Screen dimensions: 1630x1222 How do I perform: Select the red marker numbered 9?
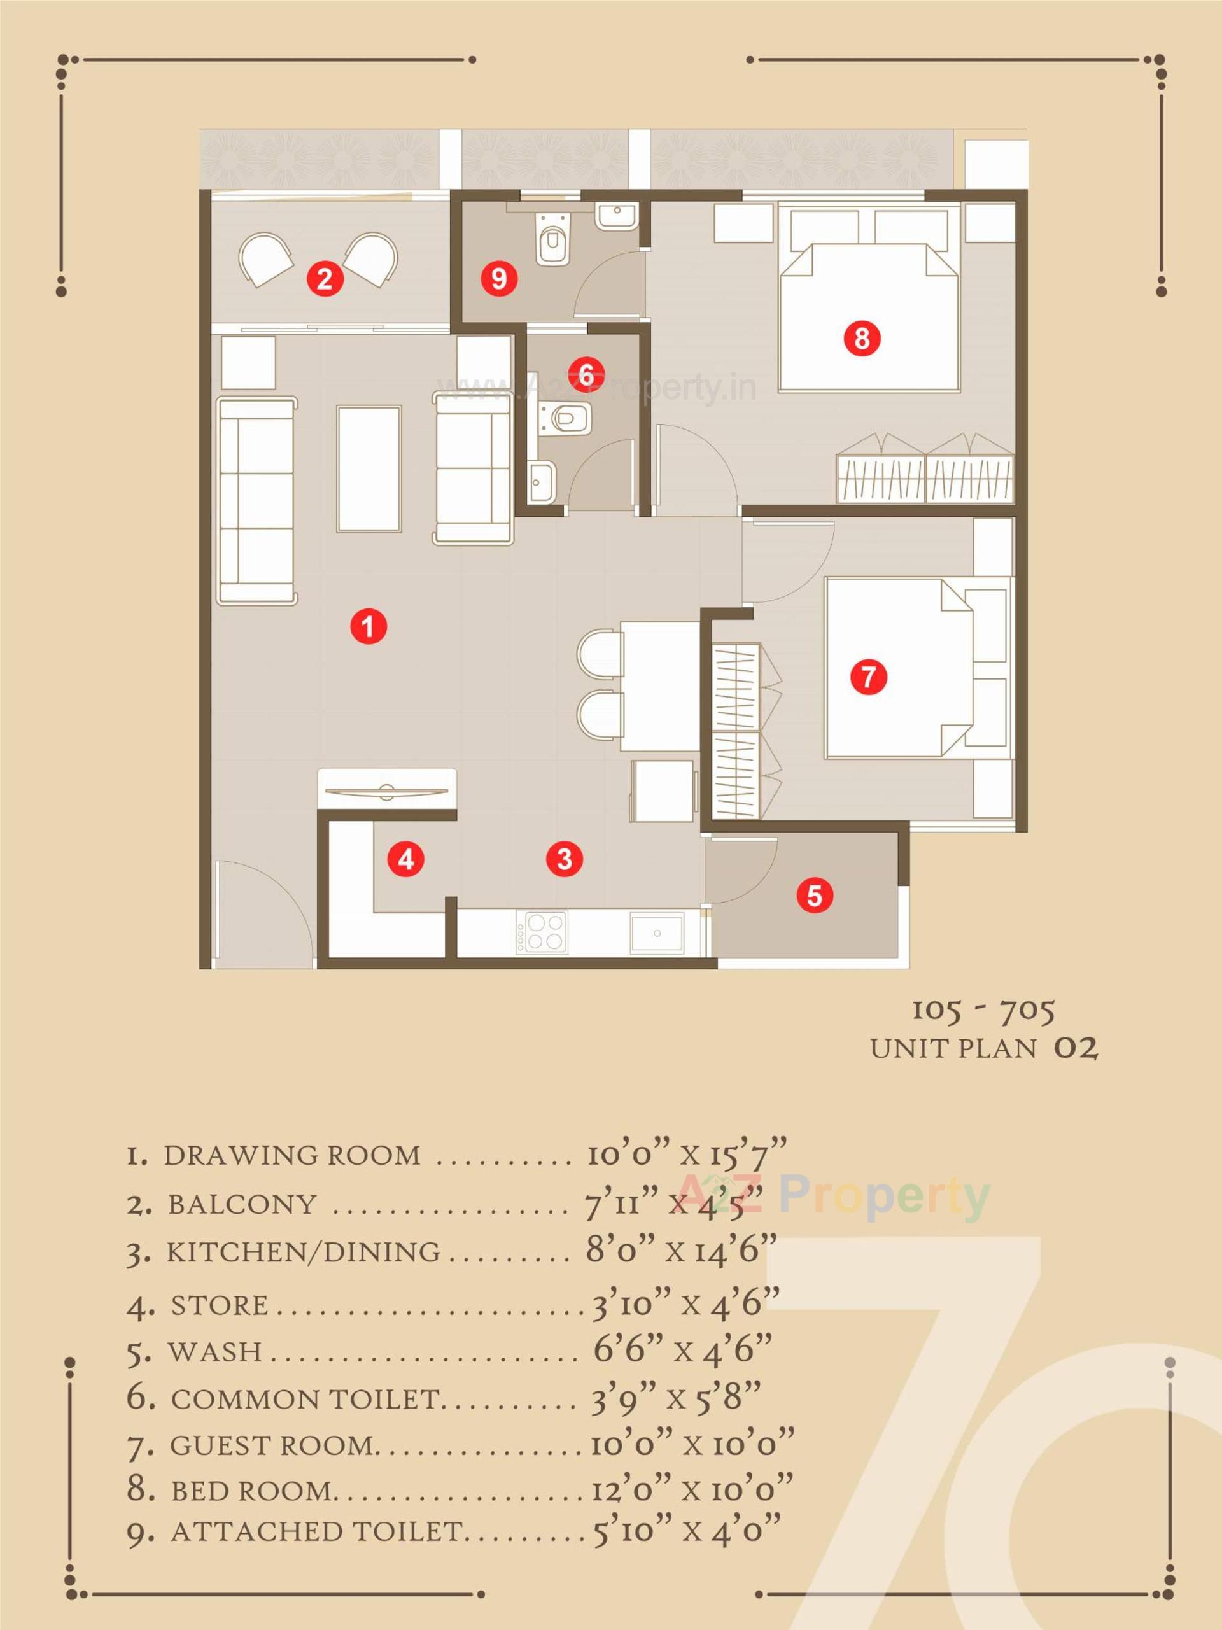click(x=499, y=279)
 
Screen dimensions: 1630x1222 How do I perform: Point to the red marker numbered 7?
click(x=868, y=676)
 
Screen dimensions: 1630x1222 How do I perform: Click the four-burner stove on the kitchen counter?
click(x=542, y=933)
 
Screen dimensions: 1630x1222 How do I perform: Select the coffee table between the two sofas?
click(x=369, y=468)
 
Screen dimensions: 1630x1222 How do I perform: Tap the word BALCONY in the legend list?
click(x=242, y=1205)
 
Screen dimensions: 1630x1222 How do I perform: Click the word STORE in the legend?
click(x=219, y=1305)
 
